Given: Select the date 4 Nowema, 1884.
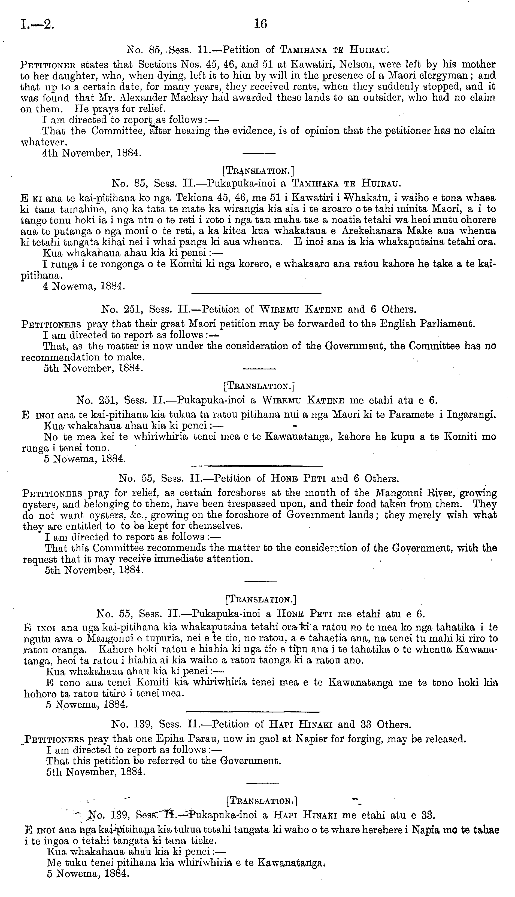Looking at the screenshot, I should pos(84,286).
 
